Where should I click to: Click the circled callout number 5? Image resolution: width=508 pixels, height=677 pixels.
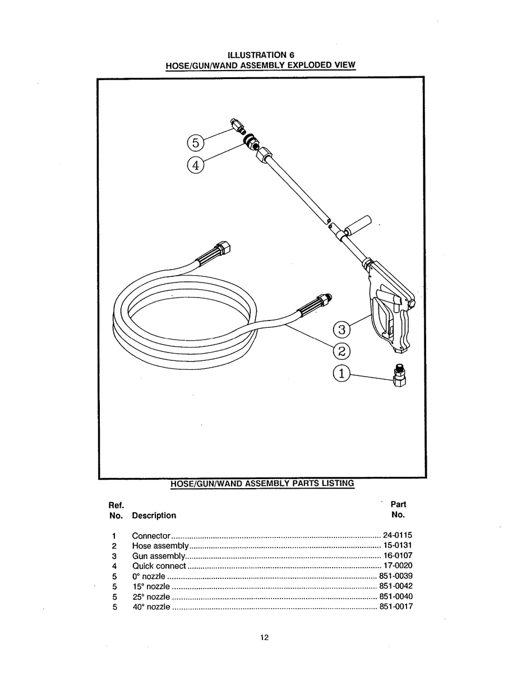[x=195, y=143]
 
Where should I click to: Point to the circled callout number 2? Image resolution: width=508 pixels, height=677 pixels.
[x=341, y=351]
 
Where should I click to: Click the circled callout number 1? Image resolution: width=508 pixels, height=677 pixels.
[x=341, y=373]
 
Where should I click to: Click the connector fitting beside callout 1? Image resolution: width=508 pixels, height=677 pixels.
[x=400, y=377]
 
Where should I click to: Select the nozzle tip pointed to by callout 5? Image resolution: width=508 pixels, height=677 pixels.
[x=235, y=126]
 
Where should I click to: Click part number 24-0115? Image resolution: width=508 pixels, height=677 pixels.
[x=398, y=535]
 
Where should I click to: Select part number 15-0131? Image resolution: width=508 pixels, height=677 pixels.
[x=398, y=546]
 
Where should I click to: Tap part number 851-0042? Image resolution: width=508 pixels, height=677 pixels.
[x=396, y=586]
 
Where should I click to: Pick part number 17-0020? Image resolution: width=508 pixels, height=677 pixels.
[x=398, y=566]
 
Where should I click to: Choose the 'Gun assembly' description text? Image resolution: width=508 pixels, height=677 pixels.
[x=159, y=556]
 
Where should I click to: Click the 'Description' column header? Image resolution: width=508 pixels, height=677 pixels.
[x=154, y=516]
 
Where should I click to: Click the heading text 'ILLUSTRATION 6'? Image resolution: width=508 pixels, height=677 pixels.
[x=261, y=54]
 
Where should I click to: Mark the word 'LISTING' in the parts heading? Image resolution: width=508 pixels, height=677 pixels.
[x=336, y=483]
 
